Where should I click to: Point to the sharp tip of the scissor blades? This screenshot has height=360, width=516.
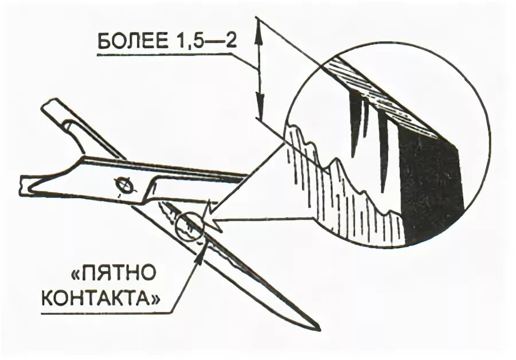click(x=318, y=329)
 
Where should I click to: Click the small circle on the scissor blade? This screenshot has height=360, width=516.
click(x=188, y=228)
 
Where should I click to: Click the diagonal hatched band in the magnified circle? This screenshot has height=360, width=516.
click(x=390, y=97)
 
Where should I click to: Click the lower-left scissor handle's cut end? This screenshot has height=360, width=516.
click(x=23, y=185)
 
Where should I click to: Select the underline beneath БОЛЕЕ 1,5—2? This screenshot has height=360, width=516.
click(x=166, y=54)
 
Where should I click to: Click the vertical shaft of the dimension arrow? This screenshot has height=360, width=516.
click(x=260, y=69)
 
